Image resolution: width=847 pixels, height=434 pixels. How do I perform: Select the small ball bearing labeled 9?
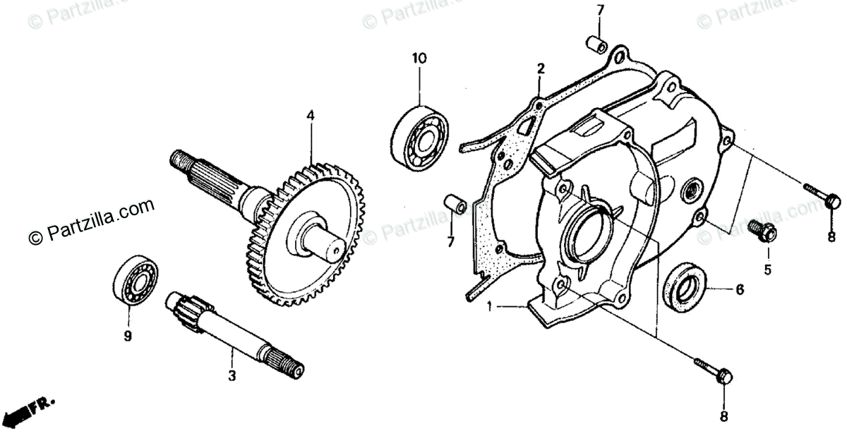click(135, 282)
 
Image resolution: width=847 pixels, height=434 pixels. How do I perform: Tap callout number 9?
click(128, 337)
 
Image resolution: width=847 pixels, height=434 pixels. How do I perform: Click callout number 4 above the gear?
click(309, 114)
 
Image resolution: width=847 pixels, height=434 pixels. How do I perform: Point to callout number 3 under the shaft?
click(231, 376)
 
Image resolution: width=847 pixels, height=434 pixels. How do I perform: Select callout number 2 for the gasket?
click(540, 68)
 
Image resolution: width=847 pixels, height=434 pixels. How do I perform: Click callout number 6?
click(740, 289)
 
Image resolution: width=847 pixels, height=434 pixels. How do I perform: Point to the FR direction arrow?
click(32, 408)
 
